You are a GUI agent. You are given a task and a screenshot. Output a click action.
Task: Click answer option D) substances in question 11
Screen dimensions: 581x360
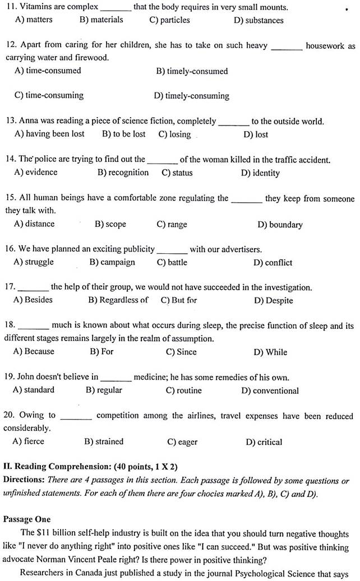259,20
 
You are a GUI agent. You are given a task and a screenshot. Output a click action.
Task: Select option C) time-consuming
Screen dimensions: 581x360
49,95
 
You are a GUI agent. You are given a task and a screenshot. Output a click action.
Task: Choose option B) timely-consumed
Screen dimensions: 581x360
192,71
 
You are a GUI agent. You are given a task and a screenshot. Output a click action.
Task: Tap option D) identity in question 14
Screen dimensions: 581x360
260,173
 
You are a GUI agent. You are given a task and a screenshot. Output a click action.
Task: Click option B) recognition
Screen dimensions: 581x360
123,173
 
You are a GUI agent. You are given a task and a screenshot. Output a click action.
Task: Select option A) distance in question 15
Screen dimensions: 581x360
35,224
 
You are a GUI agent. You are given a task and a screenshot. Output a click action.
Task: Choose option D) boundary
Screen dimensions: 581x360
280,225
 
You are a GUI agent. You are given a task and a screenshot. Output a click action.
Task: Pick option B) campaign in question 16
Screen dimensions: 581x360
112,262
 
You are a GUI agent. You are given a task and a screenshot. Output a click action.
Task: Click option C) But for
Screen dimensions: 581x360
179,300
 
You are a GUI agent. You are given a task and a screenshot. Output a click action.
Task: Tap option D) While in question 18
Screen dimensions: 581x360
270,352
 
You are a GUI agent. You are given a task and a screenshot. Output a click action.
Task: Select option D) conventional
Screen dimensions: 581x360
270,391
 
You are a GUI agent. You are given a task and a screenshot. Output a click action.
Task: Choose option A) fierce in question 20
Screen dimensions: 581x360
28,441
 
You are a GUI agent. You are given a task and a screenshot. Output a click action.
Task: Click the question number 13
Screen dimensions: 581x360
10,121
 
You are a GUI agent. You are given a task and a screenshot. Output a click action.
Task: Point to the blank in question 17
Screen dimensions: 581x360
33,288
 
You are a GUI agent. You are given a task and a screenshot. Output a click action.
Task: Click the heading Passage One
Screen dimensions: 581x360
27,519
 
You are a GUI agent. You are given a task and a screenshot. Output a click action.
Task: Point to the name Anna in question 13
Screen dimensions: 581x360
29,121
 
